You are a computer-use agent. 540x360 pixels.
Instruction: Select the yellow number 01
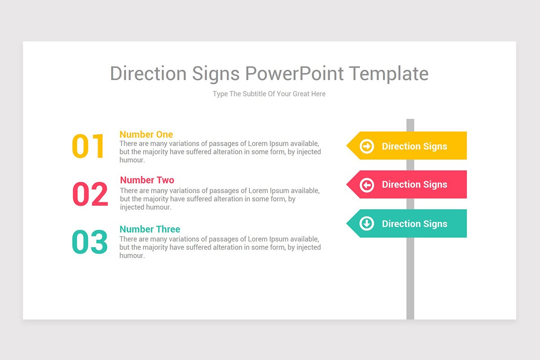[x=88, y=146]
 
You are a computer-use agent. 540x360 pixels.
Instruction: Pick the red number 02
[x=90, y=194]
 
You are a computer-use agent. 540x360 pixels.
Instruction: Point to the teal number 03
[x=90, y=242]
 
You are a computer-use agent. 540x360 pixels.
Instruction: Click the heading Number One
[x=146, y=134]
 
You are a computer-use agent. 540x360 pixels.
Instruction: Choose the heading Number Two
[x=147, y=180]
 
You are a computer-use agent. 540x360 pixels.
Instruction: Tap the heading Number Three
[x=150, y=229]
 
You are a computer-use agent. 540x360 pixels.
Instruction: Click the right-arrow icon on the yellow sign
[x=367, y=146]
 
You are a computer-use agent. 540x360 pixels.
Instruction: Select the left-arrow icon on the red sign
[x=367, y=184]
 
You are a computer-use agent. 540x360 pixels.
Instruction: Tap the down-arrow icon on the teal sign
[x=367, y=223]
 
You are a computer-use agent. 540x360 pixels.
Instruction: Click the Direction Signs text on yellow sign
[x=414, y=146]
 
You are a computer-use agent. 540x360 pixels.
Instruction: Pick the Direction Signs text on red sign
[x=414, y=184]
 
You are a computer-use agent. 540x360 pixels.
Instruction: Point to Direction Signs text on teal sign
[x=414, y=224]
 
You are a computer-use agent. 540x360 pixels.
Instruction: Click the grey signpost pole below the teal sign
[x=410, y=279]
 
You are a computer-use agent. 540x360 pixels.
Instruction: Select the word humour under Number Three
[x=132, y=256]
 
